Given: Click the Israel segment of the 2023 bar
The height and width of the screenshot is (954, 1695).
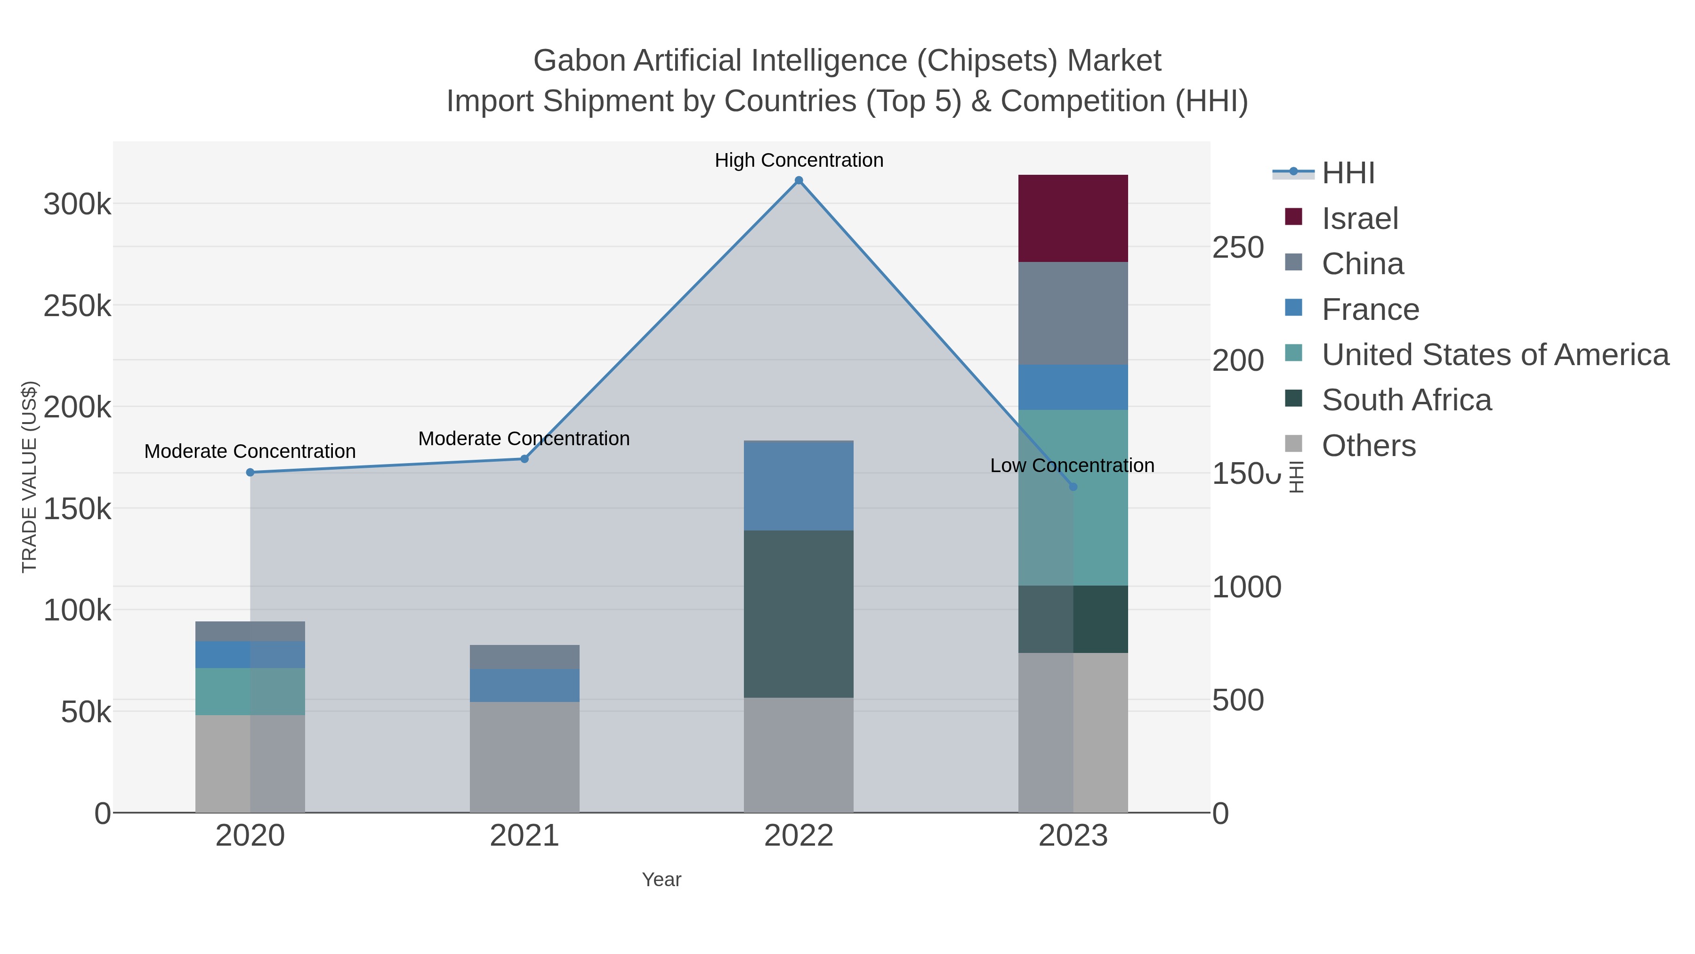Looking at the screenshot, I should (1073, 219).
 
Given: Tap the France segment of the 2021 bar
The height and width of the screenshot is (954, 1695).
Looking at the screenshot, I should (525, 685).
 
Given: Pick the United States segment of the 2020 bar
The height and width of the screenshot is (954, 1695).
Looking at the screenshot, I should (250, 691).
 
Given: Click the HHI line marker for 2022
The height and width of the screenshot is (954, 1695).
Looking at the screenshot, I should (799, 180).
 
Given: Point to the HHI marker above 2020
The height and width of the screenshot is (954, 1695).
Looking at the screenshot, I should (250, 472).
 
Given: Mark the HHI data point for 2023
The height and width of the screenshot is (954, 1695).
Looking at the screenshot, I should (1073, 487).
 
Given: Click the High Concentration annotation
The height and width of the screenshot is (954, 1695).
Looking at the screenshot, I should (799, 160).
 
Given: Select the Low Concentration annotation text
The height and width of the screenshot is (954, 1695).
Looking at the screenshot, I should (1072, 465).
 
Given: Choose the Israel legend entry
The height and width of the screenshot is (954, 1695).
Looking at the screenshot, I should (1359, 219).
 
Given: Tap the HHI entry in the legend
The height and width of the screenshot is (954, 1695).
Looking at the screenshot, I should (1348, 173).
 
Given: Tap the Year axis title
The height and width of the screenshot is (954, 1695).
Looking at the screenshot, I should (662, 880).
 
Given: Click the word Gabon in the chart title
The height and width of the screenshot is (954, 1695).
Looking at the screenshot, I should (579, 61).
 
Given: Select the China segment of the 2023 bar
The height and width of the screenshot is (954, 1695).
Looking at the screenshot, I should (1073, 313).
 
